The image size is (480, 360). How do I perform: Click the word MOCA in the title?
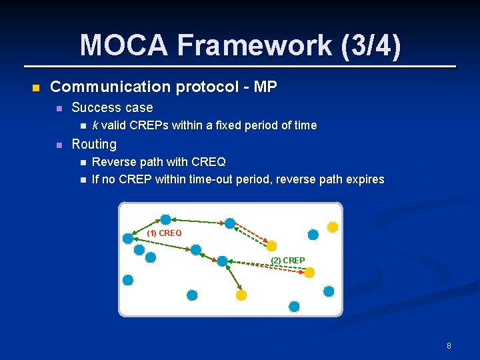pyautogui.click(x=124, y=45)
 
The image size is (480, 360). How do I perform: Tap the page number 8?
pyautogui.click(x=449, y=345)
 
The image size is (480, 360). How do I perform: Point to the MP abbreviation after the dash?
pyautogui.click(x=266, y=87)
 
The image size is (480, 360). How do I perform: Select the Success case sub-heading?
pyautogui.click(x=112, y=107)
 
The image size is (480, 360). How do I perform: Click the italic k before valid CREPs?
pyautogui.click(x=95, y=125)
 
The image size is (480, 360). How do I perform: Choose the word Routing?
pyautogui.click(x=94, y=144)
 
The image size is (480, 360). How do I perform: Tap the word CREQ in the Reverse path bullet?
pyautogui.click(x=208, y=162)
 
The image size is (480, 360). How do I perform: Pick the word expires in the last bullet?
pyautogui.click(x=363, y=179)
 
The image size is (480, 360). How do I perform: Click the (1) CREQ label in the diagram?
pyautogui.click(x=164, y=233)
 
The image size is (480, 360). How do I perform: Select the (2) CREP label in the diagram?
pyautogui.click(x=288, y=260)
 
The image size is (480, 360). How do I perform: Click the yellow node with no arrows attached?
pyautogui.click(x=333, y=227)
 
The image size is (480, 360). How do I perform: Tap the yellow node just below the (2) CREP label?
pyautogui.click(x=309, y=272)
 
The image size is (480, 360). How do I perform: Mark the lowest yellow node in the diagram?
pyautogui.click(x=241, y=295)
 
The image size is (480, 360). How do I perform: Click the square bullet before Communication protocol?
pyautogui.click(x=36, y=87)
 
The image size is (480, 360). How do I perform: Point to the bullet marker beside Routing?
pyautogui.click(x=58, y=145)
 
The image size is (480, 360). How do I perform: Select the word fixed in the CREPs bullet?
pyautogui.click(x=244, y=125)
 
